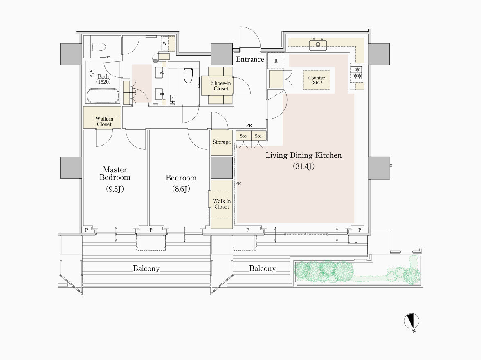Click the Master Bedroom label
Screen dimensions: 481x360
115,173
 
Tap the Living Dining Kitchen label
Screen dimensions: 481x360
303,155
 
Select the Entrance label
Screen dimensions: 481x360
250,60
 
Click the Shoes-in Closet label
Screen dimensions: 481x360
221,86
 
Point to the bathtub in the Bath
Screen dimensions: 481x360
103,96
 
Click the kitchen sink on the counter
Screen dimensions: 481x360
318,45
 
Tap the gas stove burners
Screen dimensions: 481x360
357,72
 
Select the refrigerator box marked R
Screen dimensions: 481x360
276,61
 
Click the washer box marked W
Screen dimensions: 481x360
165,43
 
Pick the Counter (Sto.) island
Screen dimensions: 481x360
317,80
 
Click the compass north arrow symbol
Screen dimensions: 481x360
411,322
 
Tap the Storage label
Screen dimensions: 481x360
222,142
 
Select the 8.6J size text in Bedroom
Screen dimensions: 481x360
181,189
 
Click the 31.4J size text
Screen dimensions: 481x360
303,166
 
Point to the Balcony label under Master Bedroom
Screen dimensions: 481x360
146,268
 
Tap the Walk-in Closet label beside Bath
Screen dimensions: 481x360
104,122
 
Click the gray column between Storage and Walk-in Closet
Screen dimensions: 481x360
222,168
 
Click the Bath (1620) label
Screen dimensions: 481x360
103,79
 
